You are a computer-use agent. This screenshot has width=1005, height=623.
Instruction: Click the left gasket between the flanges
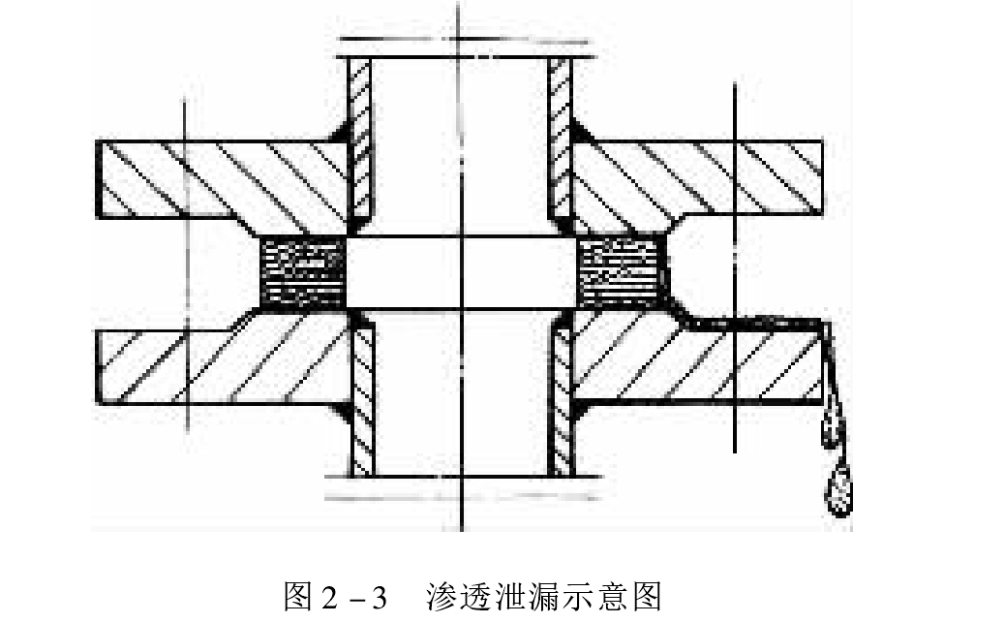click(302, 272)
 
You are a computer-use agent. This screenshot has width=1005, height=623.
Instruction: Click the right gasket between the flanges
click(621, 272)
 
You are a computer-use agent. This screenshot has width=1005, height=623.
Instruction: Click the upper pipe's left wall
click(360, 144)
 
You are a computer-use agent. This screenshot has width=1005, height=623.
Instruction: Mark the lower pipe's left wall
click(363, 394)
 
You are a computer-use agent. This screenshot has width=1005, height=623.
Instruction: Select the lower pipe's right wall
click(563, 394)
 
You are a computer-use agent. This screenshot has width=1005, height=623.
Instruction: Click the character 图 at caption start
click(298, 597)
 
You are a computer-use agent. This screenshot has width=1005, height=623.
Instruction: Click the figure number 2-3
click(353, 598)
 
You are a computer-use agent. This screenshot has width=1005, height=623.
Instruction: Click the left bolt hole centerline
click(186, 265)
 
